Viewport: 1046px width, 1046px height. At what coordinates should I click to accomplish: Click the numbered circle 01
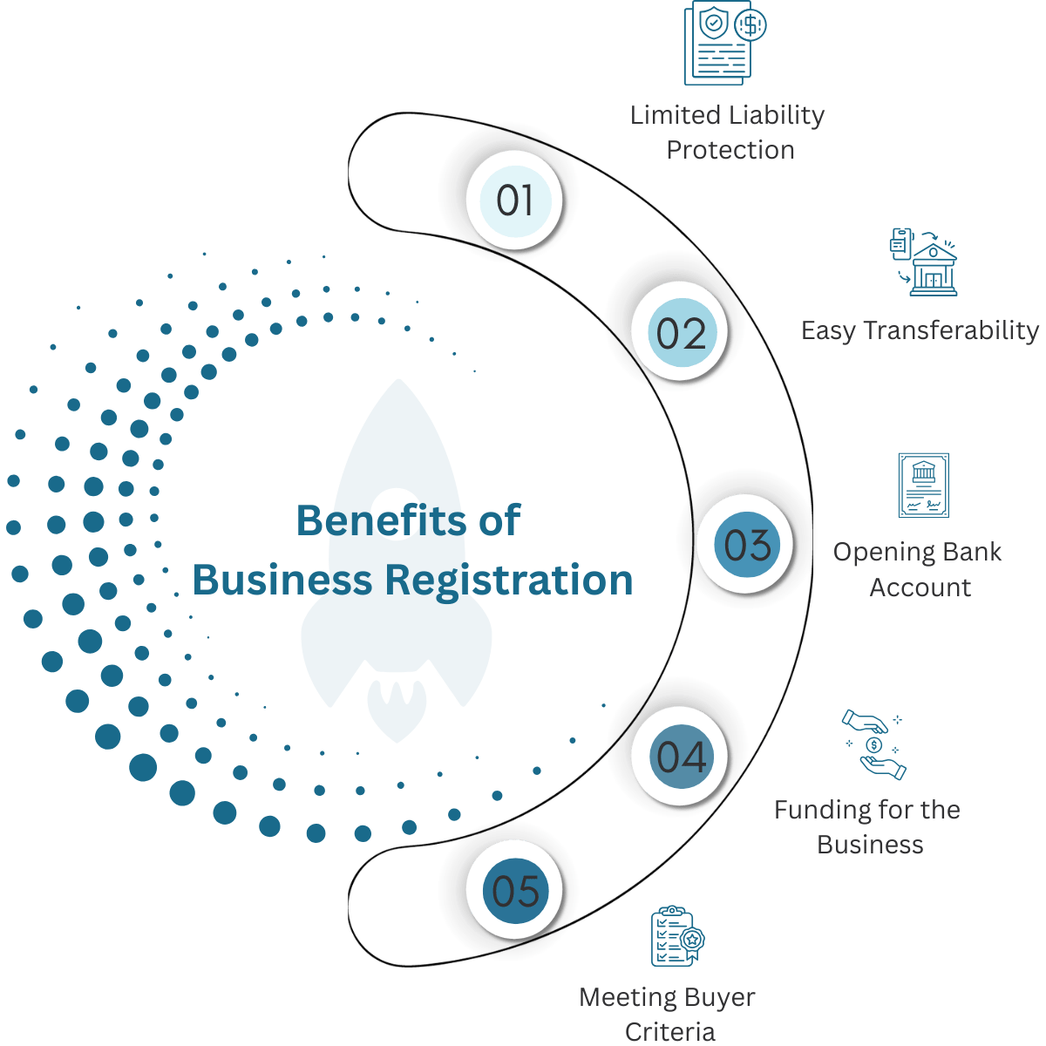coord(514,200)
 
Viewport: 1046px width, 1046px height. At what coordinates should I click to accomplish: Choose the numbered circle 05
coord(514,890)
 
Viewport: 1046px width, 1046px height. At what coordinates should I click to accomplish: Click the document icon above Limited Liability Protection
coord(724,43)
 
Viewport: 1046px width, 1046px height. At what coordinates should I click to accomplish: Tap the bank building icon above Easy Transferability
coord(923,261)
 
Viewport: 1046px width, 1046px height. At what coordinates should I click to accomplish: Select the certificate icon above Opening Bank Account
coord(923,485)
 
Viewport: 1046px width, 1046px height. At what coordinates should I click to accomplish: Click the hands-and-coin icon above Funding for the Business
coord(873,744)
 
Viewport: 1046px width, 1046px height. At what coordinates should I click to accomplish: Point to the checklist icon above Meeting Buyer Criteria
coord(677,935)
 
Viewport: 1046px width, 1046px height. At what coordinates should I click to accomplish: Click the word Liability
coord(776,117)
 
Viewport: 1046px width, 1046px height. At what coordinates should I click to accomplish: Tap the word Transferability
coord(950,331)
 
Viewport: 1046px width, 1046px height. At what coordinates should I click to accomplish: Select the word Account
coord(920,588)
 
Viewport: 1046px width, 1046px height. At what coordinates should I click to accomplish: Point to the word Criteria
coord(669,1031)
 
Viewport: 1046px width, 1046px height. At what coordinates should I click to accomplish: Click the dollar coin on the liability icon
coord(751,25)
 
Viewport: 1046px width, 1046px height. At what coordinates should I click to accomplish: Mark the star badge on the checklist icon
coord(692,940)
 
